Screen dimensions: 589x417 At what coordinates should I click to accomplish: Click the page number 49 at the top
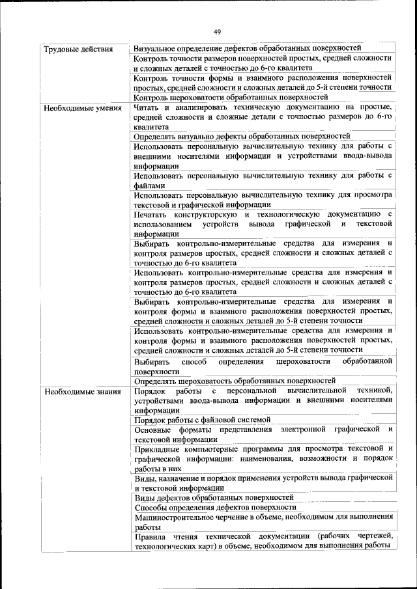217,31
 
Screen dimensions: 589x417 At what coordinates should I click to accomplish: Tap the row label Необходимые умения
82,107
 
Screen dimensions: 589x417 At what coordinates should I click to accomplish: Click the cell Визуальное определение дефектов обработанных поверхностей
247,49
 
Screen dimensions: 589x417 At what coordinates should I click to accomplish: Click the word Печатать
152,214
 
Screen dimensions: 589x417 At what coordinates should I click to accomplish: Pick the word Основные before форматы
154,430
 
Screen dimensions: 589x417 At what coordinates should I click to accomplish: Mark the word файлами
150,185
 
